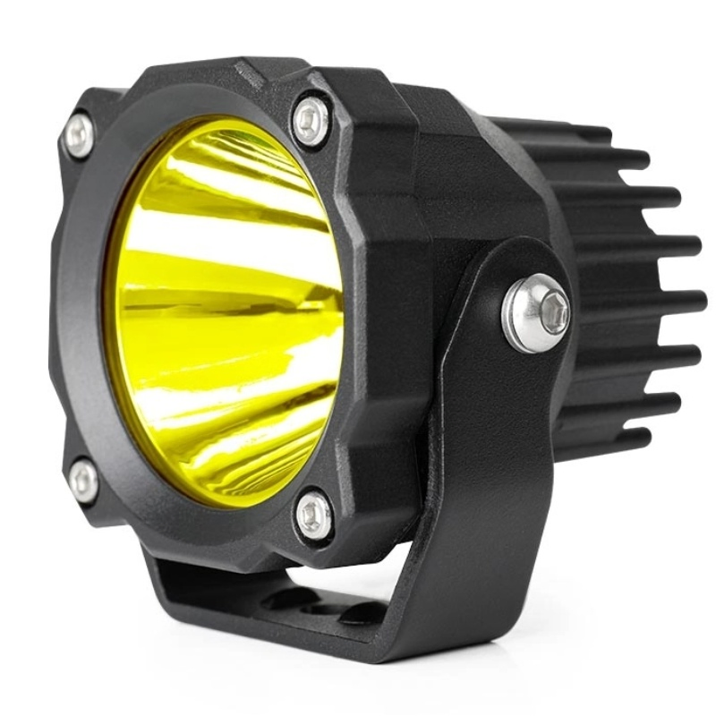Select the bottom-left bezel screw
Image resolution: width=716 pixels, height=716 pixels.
click(84, 482)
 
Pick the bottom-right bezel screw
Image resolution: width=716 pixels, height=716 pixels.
click(314, 516)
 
